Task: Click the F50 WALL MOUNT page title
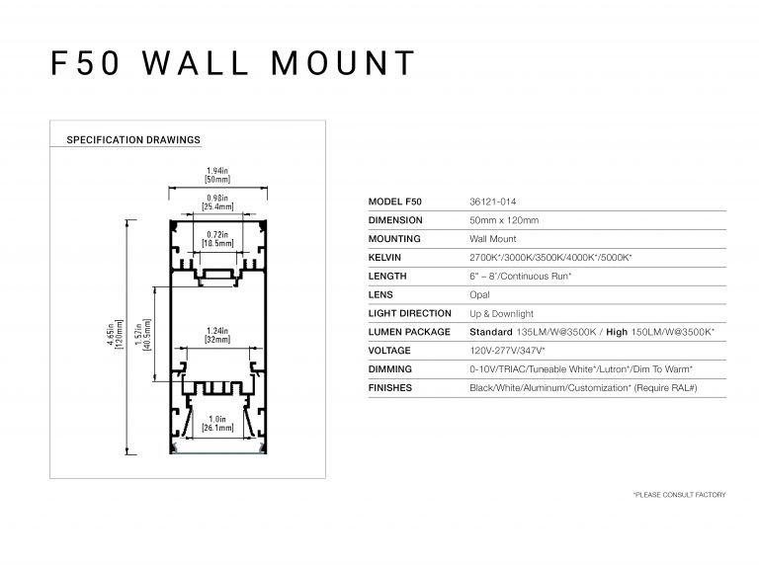click(x=233, y=62)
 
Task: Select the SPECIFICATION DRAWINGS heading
click(x=133, y=140)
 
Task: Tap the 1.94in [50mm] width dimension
click(x=217, y=175)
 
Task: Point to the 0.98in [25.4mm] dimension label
click(x=217, y=202)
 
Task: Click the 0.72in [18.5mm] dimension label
click(x=217, y=238)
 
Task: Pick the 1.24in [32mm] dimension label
click(x=217, y=335)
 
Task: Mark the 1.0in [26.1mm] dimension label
click(x=217, y=426)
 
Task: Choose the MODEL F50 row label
click(x=393, y=202)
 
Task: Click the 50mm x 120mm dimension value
click(x=504, y=220)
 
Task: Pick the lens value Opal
click(x=480, y=295)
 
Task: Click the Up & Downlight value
click(x=502, y=314)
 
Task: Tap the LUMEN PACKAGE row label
click(x=409, y=332)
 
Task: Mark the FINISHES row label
click(x=389, y=388)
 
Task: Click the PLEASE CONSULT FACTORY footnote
click(x=679, y=494)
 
